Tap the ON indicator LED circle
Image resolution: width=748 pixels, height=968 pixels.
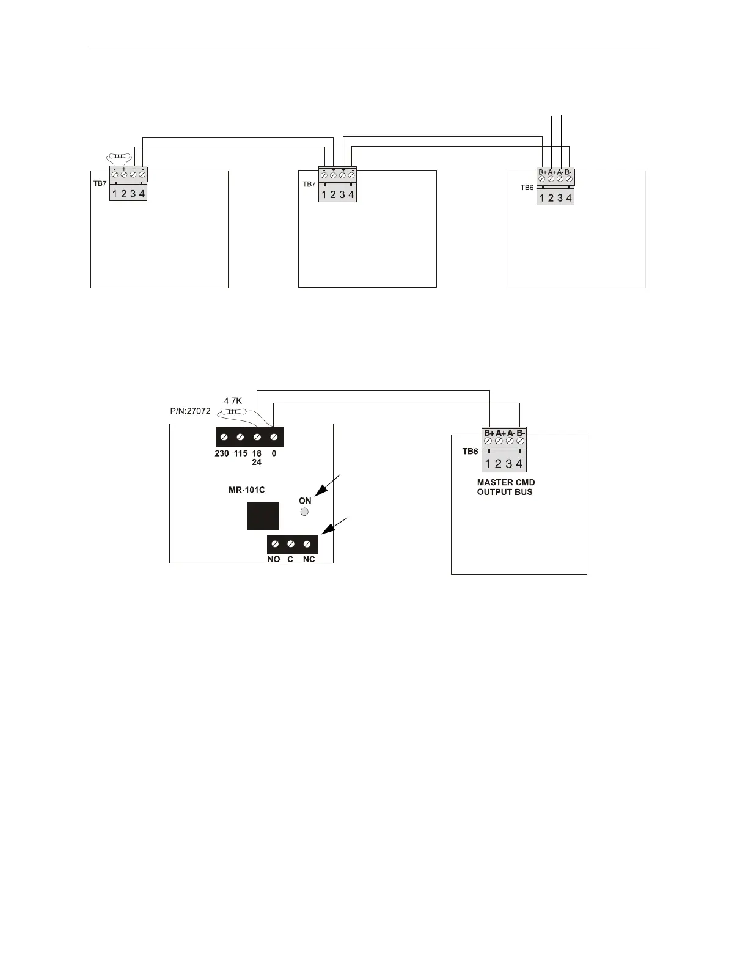pyautogui.click(x=305, y=512)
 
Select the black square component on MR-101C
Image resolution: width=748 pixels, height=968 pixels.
pyautogui.click(x=263, y=516)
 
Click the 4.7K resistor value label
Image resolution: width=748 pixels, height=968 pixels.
pyautogui.click(x=233, y=401)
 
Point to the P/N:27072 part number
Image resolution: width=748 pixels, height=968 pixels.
pyautogui.click(x=190, y=411)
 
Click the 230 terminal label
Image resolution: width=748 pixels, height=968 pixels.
pyautogui.click(x=222, y=453)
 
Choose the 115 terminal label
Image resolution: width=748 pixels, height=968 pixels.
pyautogui.click(x=240, y=453)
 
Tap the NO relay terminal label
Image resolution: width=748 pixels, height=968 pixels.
pyautogui.click(x=273, y=559)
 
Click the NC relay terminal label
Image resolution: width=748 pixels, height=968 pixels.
pyautogui.click(x=309, y=559)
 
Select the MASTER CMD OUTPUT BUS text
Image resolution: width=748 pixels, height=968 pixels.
pyautogui.click(x=505, y=487)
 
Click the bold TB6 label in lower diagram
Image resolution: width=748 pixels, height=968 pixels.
pyautogui.click(x=470, y=452)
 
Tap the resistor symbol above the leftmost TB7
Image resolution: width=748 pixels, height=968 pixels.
pyautogui.click(x=120, y=158)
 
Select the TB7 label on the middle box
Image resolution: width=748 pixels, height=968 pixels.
pyautogui.click(x=309, y=184)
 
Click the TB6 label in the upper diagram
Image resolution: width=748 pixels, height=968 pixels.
pyautogui.click(x=527, y=188)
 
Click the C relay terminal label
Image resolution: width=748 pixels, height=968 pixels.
pyautogui.click(x=290, y=559)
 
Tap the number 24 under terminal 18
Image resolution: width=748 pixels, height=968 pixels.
pyautogui.click(x=257, y=462)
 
